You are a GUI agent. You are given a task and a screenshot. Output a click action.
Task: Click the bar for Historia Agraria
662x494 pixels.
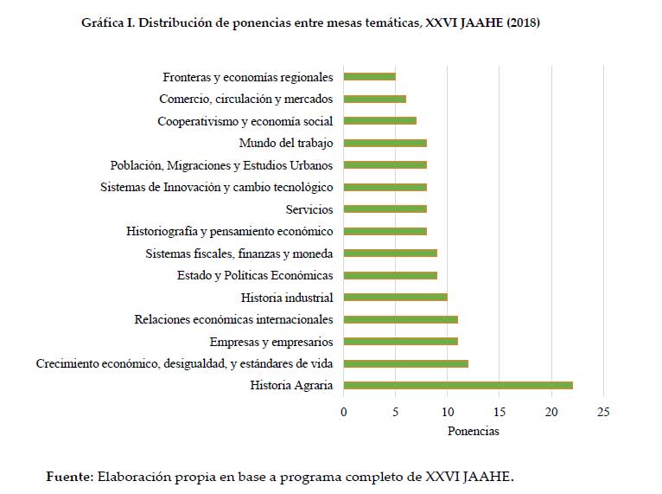458,386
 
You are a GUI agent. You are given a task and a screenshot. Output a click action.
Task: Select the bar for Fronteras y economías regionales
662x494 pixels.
370,77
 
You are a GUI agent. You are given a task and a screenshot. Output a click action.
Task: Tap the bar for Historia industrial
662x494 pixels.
396,298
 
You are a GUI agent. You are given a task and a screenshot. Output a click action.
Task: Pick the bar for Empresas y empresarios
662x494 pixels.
401,342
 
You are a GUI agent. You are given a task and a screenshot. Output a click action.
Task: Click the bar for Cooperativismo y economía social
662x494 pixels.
380,121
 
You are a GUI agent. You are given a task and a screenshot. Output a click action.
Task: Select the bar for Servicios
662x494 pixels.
385,209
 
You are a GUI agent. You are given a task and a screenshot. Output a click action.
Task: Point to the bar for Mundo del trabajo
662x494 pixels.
385,143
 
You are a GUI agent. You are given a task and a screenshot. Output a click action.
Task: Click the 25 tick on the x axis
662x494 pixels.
603,411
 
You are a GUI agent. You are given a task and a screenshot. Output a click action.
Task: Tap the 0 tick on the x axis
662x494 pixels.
344,411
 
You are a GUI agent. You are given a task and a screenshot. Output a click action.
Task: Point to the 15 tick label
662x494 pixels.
500,411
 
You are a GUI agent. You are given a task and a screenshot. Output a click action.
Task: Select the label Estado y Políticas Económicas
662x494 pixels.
255,276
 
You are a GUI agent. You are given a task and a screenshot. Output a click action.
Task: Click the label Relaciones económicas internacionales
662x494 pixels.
233,320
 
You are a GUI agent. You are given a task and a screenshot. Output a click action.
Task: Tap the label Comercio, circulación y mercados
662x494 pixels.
246,99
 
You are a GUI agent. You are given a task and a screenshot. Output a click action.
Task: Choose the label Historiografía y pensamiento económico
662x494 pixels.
229,232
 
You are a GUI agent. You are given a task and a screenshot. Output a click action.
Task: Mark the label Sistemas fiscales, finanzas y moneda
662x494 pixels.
239,253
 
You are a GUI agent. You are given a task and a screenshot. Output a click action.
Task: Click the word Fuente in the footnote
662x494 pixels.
69,476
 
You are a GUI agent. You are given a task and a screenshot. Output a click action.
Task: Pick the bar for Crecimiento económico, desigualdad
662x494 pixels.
406,363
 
